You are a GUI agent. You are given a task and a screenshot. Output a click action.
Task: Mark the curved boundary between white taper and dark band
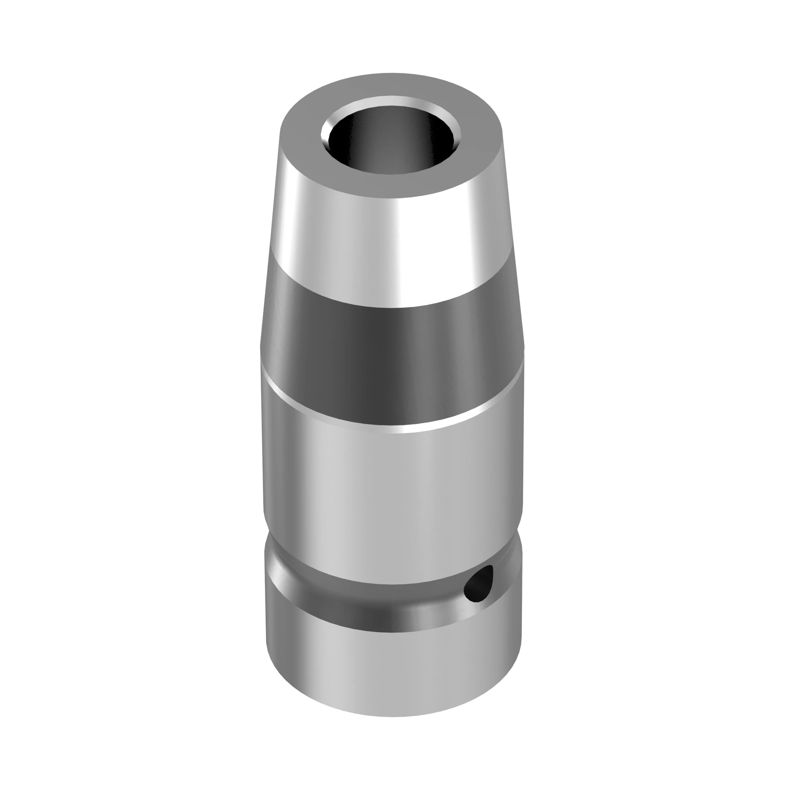(x=390, y=307)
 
